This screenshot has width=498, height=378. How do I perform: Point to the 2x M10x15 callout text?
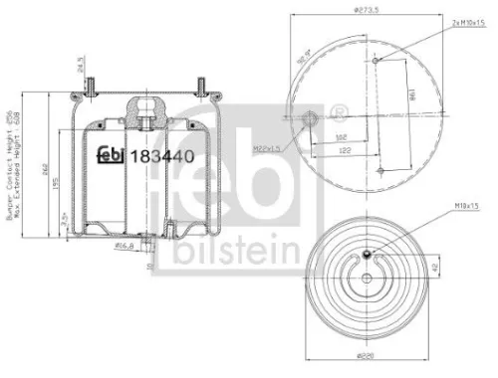tap(447, 21)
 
